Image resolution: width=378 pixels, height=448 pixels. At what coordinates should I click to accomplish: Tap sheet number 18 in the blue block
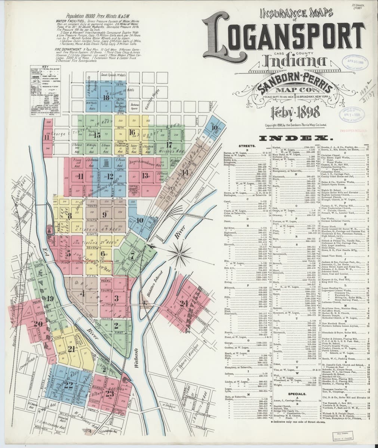106,98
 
